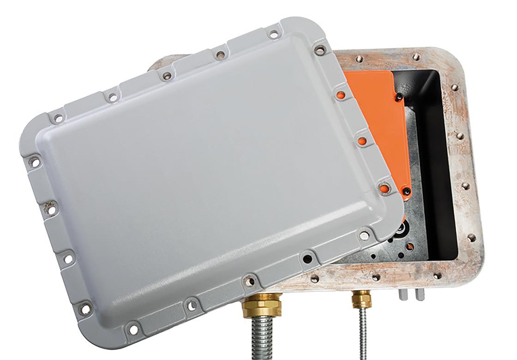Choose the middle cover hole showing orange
[362, 140]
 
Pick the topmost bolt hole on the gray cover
[274, 34]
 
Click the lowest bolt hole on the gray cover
[134, 329]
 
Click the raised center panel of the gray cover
[198, 180]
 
